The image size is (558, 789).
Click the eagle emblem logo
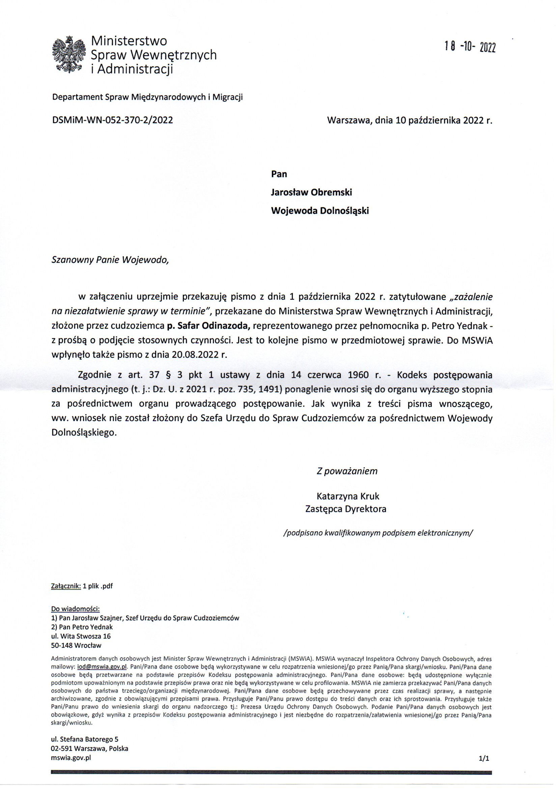pos(68,55)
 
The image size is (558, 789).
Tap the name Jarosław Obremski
pos(311,192)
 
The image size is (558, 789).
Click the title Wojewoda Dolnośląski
pos(320,211)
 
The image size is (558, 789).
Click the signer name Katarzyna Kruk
pos(348,496)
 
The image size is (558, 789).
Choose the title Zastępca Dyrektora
pos(346,509)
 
